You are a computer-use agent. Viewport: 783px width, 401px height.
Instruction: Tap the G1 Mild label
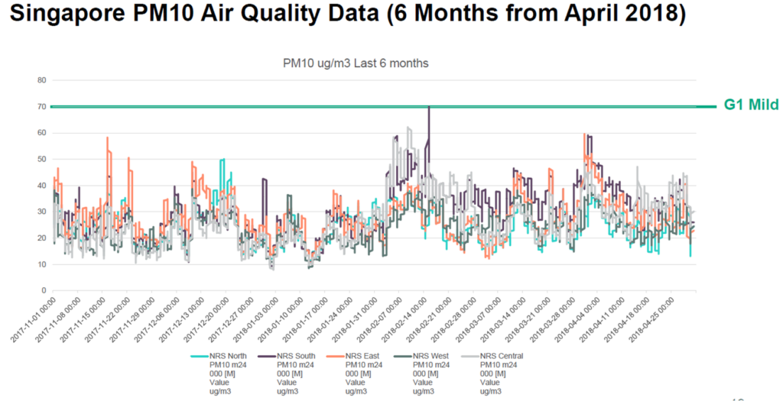point(752,105)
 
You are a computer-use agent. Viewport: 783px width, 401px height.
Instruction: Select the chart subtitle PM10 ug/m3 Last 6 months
point(356,63)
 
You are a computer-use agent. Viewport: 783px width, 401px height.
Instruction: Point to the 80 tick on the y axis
point(42,80)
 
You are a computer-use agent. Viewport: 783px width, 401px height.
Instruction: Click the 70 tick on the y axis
point(42,106)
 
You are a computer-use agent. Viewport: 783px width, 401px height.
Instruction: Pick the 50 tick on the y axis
point(42,159)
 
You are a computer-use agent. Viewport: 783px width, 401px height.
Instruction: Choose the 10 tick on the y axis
point(42,264)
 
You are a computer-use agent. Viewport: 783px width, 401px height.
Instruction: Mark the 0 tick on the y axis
point(44,291)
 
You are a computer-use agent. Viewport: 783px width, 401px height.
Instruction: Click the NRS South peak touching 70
point(429,108)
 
